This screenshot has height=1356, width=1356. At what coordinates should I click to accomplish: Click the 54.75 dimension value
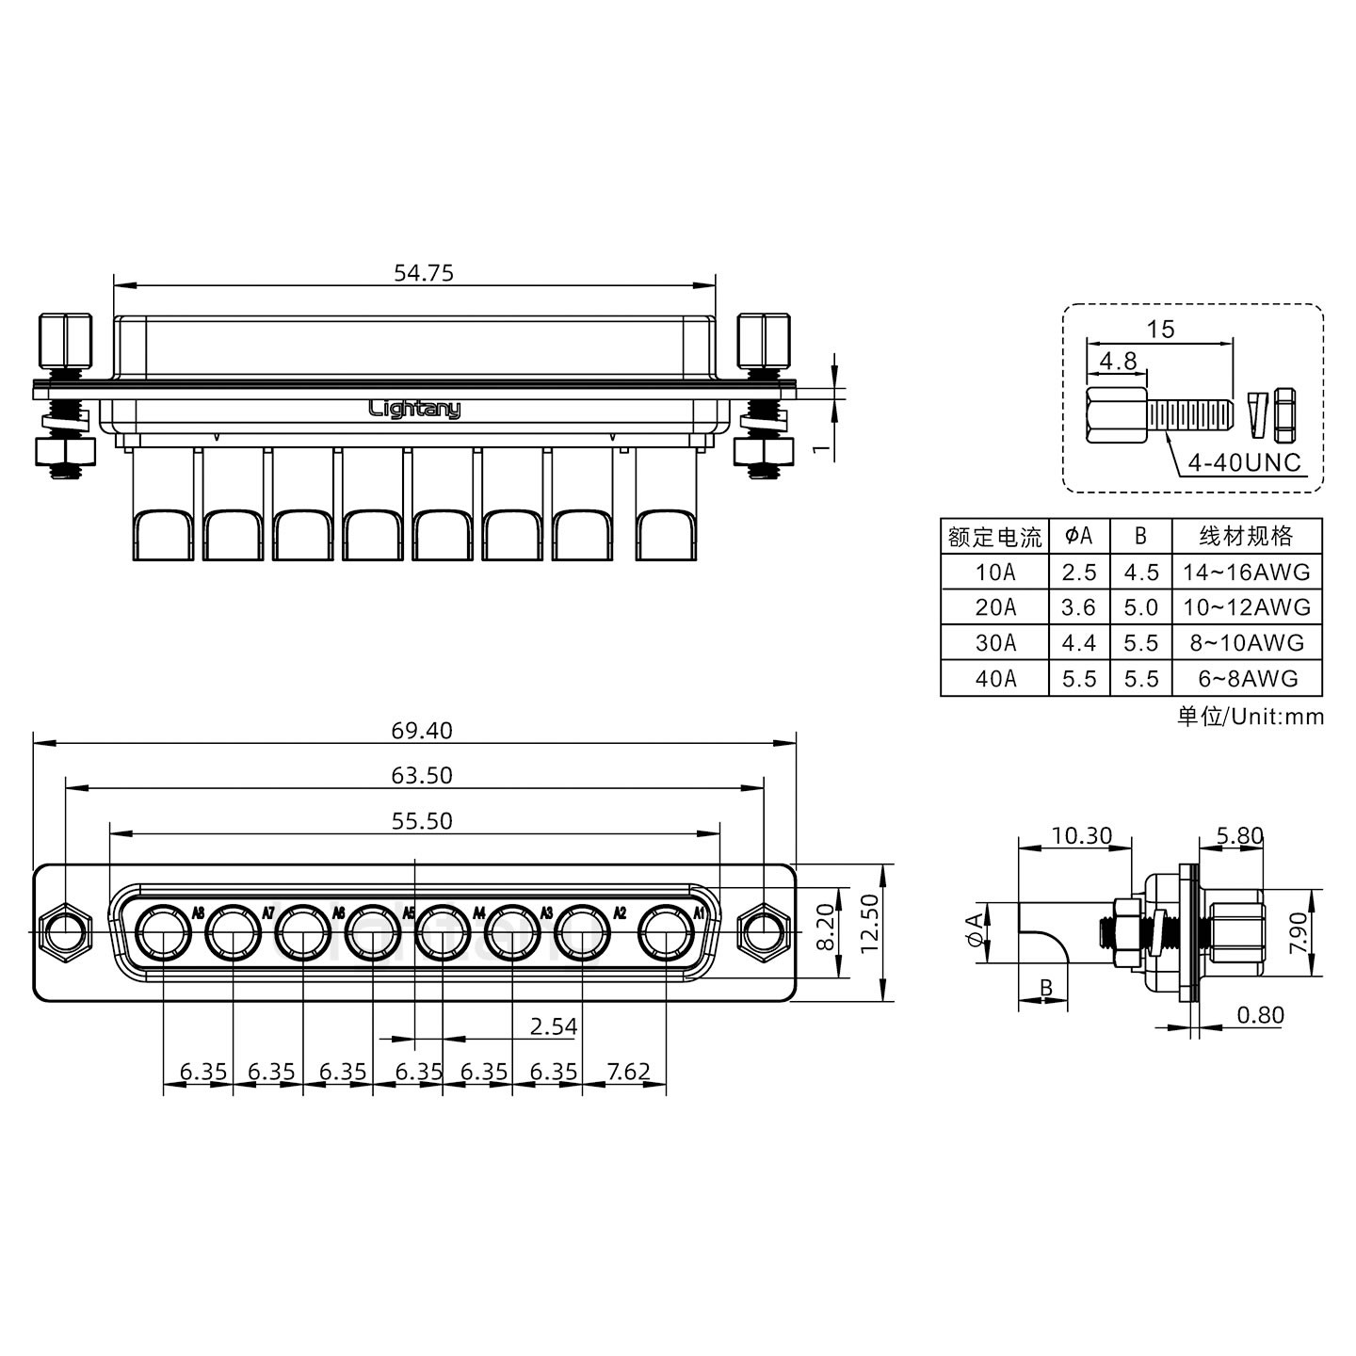coord(423,273)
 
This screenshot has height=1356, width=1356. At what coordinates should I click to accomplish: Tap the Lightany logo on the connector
coord(414,409)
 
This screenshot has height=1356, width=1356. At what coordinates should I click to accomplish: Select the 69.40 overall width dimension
coord(423,731)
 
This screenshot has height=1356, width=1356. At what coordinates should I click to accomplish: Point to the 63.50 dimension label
coord(422,776)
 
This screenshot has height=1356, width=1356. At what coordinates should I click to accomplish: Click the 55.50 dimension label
coord(422,821)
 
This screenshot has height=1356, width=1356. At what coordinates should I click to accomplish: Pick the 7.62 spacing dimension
coord(629,1072)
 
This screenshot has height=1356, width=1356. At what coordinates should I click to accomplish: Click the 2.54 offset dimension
coord(553,1026)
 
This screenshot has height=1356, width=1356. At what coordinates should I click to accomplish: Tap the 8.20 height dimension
coord(825,927)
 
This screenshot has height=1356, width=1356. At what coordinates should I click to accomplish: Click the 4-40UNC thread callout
coord(1244,462)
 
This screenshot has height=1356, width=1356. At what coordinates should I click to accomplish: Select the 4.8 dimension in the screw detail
coord(1118,361)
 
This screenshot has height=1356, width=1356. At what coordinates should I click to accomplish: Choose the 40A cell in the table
coord(995,679)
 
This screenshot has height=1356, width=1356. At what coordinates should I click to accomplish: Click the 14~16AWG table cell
coord(1247,572)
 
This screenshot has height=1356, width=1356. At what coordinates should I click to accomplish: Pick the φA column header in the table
coord(1079,536)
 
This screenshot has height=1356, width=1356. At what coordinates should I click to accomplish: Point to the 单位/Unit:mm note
coord(1251,717)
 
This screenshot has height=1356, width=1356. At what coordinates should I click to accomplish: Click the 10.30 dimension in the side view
coord(1081,835)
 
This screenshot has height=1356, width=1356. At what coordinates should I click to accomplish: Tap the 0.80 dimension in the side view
coord(1260,1014)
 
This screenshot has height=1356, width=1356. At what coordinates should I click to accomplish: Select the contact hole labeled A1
coord(667,935)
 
